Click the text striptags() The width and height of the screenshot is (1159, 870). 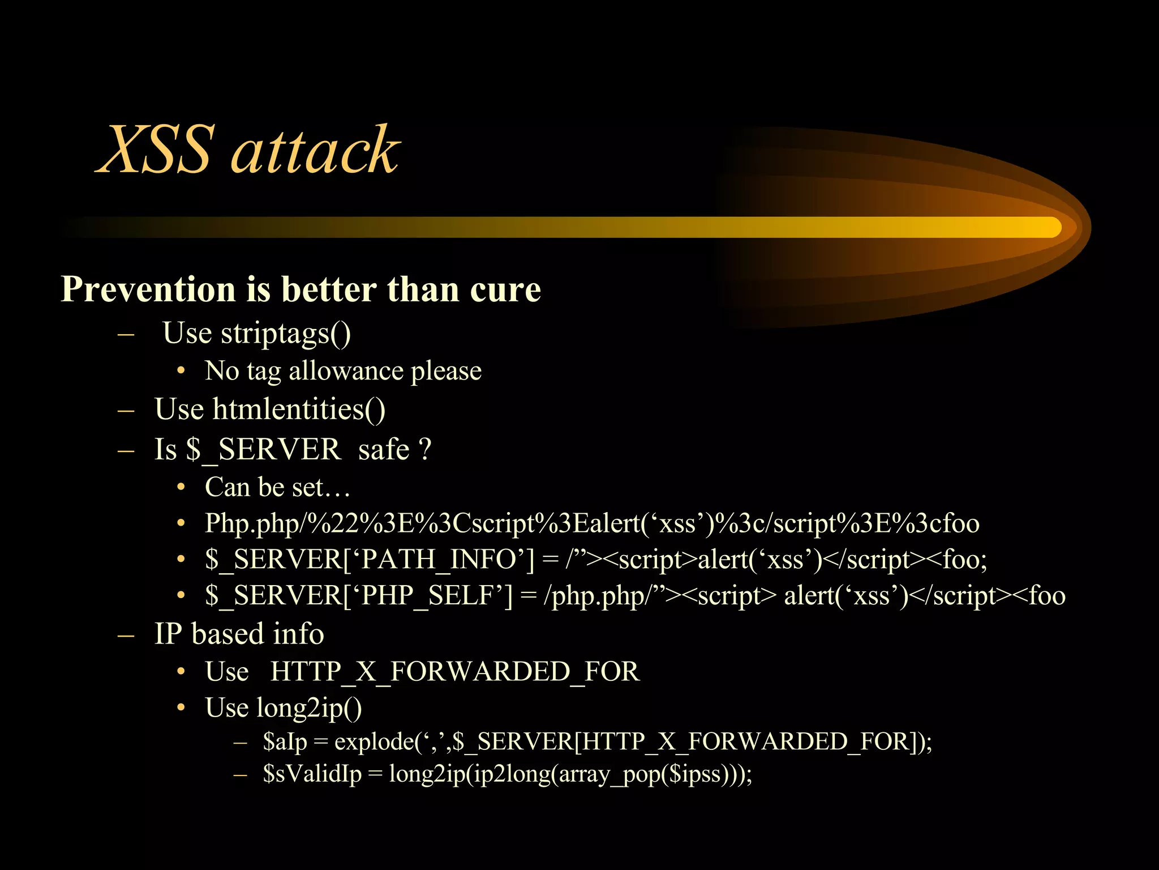[285, 334]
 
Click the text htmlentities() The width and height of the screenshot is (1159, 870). [298, 409]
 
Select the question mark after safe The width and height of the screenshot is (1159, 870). [425, 449]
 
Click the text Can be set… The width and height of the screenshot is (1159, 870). [277, 487]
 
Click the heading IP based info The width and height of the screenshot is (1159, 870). [239, 634]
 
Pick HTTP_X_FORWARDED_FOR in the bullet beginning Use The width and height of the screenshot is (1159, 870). [454, 672]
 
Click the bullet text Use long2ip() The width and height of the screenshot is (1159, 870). [283, 708]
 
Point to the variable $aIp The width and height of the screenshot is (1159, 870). [285, 741]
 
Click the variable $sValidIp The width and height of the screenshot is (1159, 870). [312, 774]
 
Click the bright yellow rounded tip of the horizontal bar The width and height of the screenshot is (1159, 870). [1050, 227]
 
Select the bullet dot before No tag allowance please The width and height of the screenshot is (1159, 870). [181, 371]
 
